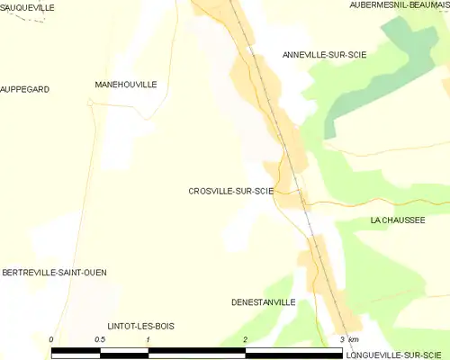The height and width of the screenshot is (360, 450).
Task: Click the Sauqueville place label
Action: tap(27, 7)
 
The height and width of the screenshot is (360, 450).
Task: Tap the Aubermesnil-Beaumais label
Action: tap(399, 5)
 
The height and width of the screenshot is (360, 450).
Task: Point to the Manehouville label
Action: tap(126, 85)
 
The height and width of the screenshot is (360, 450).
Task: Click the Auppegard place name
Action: tap(24, 90)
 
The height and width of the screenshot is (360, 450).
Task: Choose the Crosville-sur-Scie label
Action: tap(230, 191)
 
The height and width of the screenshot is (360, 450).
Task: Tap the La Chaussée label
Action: tap(397, 220)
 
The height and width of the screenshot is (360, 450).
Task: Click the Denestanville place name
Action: tap(263, 302)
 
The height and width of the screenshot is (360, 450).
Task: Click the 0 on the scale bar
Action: tap(51, 339)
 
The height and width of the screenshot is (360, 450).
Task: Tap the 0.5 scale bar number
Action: tap(99, 339)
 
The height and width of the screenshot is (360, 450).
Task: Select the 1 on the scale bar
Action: tap(148, 339)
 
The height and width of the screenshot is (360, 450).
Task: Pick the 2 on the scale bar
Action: tap(245, 339)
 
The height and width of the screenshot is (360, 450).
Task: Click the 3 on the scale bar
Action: tap(341, 339)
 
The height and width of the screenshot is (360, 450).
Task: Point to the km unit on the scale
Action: tap(354, 339)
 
